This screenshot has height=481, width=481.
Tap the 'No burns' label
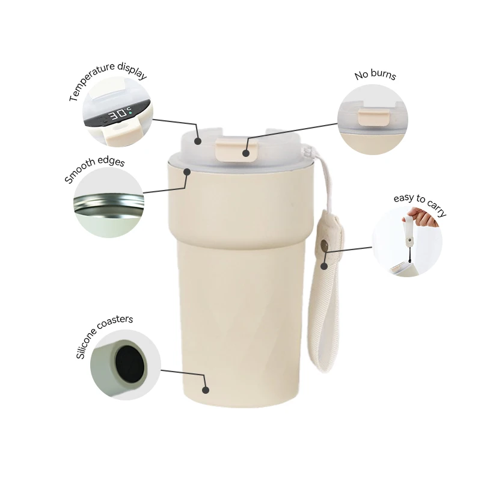click(x=375, y=76)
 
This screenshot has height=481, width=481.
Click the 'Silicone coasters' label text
click(x=103, y=337)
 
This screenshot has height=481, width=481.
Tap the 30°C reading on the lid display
click(x=118, y=114)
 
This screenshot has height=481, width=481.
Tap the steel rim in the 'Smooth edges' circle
click(x=108, y=204)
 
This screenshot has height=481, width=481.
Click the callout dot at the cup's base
click(x=206, y=390)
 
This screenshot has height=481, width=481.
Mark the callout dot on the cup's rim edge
click(x=188, y=172)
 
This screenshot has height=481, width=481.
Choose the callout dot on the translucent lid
click(x=198, y=140)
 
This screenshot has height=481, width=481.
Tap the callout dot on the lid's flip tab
click(x=245, y=153)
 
